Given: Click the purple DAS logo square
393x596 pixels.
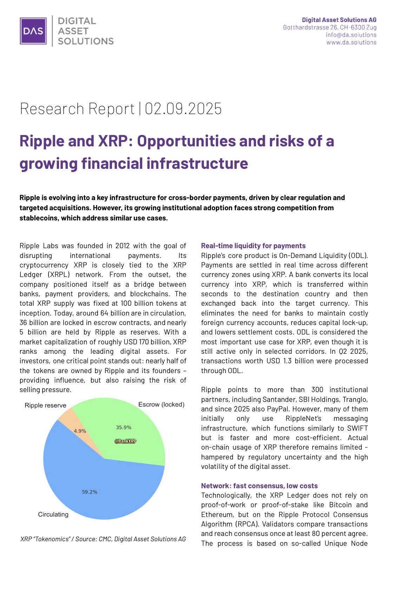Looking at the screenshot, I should (x=33, y=31).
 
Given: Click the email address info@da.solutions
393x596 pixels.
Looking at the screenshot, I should (x=351, y=35).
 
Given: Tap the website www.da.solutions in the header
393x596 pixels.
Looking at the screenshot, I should (x=351, y=42).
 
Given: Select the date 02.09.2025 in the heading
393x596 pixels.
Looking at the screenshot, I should (x=183, y=108).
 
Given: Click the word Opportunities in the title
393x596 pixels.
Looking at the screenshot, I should (x=186, y=141).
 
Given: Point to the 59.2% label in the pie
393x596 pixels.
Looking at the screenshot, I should (x=90, y=492).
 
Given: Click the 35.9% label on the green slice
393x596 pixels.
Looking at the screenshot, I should (x=124, y=427).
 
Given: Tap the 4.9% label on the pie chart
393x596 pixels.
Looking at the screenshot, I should (x=80, y=431).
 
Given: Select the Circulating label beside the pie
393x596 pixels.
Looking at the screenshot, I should (x=53, y=514).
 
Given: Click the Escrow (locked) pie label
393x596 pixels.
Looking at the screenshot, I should (x=161, y=404).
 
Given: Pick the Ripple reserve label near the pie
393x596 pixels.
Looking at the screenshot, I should (x=45, y=405).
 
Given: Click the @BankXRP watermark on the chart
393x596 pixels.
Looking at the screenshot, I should (x=125, y=441).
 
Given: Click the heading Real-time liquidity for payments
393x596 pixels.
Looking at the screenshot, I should (x=253, y=246).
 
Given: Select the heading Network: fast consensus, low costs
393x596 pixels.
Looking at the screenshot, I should (x=259, y=486).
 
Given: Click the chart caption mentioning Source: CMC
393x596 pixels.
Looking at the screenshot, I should (x=103, y=539).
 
